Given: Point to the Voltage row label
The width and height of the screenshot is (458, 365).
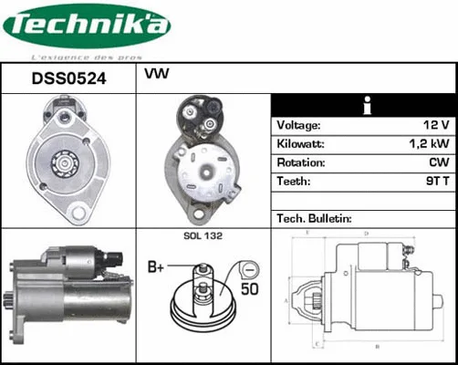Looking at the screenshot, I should [298, 125].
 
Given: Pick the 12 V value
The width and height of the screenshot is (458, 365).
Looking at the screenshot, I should [435, 125].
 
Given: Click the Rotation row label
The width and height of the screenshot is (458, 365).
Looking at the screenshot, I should [302, 163].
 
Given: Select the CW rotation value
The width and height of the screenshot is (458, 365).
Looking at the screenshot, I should [438, 163].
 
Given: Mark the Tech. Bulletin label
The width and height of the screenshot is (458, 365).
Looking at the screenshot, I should [314, 219].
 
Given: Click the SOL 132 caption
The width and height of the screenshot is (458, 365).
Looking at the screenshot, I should [203, 236].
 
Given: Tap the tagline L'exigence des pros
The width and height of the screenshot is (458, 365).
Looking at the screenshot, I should [87, 54].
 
